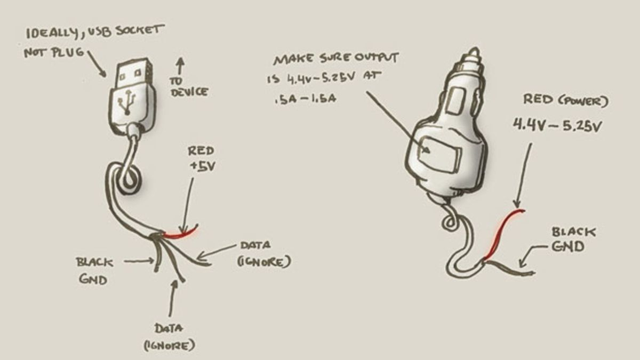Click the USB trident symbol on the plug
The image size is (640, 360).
[126, 102]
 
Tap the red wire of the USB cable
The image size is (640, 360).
[181, 233]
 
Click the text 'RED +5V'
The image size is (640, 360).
[202, 159]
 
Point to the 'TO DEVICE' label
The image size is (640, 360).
[189, 87]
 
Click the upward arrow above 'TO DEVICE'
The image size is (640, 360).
[180, 66]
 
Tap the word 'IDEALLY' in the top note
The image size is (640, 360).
[51, 34]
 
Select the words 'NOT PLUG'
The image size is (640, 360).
[54, 53]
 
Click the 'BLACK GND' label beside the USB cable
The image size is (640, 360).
[94, 270]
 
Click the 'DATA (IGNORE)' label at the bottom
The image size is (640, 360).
[169, 337]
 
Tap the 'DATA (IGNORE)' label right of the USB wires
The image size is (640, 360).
[264, 254]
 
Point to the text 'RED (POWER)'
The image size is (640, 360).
[566, 100]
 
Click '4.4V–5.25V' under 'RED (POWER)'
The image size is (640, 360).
[557, 126]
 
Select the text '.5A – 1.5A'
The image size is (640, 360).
[305, 99]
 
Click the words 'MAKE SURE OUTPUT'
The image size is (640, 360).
[336, 58]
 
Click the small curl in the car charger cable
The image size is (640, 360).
[450, 221]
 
